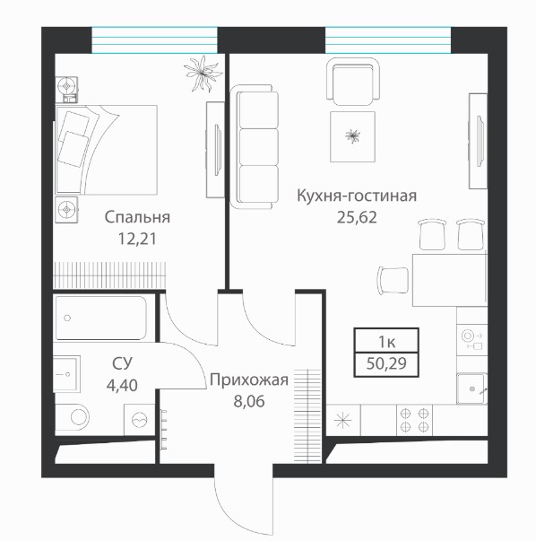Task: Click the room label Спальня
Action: (x=137, y=218)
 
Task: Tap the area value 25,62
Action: (x=357, y=217)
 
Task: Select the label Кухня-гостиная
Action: (x=357, y=196)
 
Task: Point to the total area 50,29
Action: (x=386, y=363)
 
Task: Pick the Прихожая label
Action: (x=249, y=380)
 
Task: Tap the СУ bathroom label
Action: (x=122, y=363)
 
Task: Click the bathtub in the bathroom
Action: (x=100, y=318)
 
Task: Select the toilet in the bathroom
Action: (x=73, y=418)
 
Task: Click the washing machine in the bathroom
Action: (x=139, y=420)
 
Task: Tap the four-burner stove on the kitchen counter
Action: (x=414, y=420)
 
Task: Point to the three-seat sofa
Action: (x=255, y=147)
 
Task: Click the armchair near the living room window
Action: (x=353, y=82)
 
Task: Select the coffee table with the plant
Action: (x=352, y=136)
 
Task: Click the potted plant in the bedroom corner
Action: (x=203, y=74)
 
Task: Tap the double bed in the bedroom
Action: (x=106, y=150)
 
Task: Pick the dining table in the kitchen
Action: (x=450, y=280)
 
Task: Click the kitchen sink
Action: (x=471, y=388)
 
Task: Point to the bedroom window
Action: (x=154, y=40)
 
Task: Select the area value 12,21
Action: (x=137, y=239)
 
